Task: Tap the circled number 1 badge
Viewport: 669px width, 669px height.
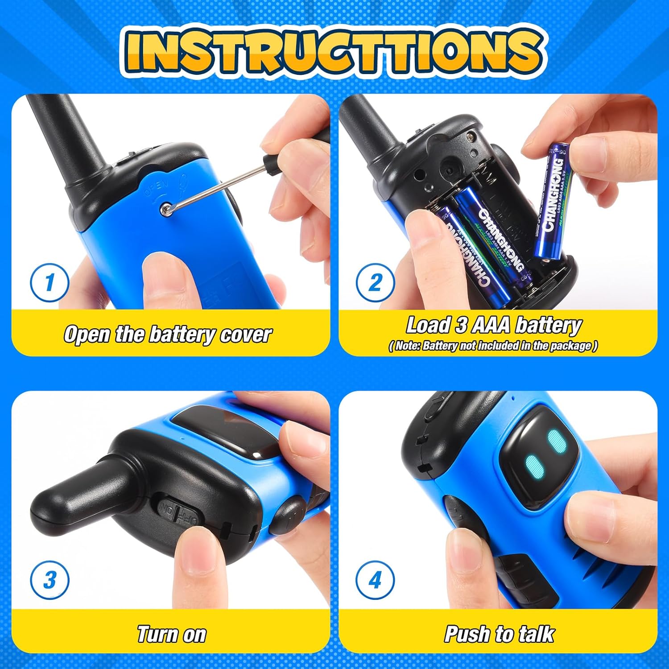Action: click(x=49, y=282)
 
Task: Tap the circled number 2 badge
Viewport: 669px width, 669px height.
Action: click(x=375, y=282)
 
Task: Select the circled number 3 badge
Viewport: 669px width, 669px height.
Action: click(x=49, y=580)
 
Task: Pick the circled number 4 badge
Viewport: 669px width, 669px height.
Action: click(x=375, y=580)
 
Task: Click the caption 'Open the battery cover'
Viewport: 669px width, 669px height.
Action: click(x=167, y=334)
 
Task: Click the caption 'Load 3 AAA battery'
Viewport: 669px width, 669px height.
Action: click(x=493, y=325)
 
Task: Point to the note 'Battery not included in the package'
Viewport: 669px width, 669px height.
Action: click(x=493, y=346)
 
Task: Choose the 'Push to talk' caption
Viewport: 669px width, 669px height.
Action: click(x=499, y=634)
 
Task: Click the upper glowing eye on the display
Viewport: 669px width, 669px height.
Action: click(x=556, y=442)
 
